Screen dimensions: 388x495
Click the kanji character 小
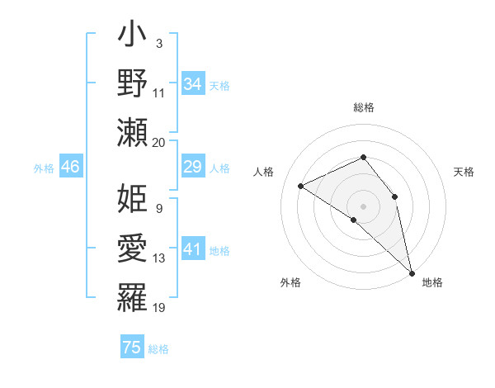pyautogui.click(x=133, y=35)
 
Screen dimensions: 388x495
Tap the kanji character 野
pyautogui.click(x=133, y=83)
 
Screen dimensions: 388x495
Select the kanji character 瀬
pyautogui.click(x=133, y=132)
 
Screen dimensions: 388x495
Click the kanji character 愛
pyautogui.click(x=133, y=248)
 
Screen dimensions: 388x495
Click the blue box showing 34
pyautogui.click(x=192, y=84)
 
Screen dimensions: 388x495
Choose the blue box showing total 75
pyautogui.click(x=132, y=348)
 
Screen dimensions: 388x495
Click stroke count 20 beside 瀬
pyautogui.click(x=159, y=142)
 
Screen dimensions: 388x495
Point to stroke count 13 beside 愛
pyautogui.click(x=159, y=258)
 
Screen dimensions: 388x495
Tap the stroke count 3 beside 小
pyautogui.click(x=159, y=44)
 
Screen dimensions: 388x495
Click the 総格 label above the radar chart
pyautogui.click(x=364, y=107)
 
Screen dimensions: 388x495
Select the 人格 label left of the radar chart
pyautogui.click(x=265, y=172)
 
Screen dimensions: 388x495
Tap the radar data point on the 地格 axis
pyautogui.click(x=412, y=270)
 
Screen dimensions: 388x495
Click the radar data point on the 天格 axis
pyautogui.click(x=395, y=196)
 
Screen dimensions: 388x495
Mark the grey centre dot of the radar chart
pyautogui.click(x=363, y=206)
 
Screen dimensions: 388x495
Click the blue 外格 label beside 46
pyautogui.click(x=44, y=168)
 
